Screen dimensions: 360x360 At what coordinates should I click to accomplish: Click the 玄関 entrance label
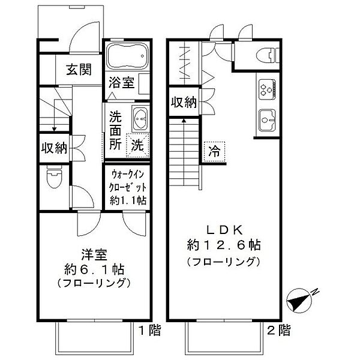pos(79,70)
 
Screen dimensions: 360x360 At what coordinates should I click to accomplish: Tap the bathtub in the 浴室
pos(125,58)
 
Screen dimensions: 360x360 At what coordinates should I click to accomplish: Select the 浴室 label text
pos(122,83)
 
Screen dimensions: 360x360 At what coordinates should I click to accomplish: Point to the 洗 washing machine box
pos(138,144)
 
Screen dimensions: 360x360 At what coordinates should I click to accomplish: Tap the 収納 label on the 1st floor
pos(54,147)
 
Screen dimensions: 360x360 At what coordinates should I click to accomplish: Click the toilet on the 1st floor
pos(55,178)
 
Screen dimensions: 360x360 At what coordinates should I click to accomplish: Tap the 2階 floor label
pos(280,329)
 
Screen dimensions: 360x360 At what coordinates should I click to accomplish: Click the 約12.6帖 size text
pos(224,245)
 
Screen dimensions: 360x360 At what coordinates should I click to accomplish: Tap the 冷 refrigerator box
pos(214,152)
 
